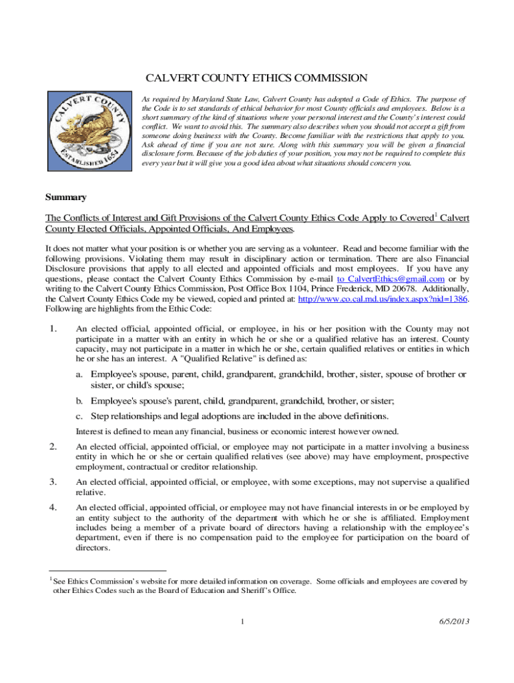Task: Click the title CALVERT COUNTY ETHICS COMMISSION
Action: pyautogui.click(x=257, y=78)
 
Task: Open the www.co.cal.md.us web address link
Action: pyautogui.click(x=382, y=299)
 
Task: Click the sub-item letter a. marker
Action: pyautogui.click(x=79, y=374)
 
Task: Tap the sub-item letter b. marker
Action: pyautogui.click(x=79, y=401)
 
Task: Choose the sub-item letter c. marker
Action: pyautogui.click(x=79, y=416)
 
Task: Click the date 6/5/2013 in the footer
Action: pyautogui.click(x=455, y=622)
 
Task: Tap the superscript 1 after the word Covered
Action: pyautogui.click(x=436, y=214)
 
